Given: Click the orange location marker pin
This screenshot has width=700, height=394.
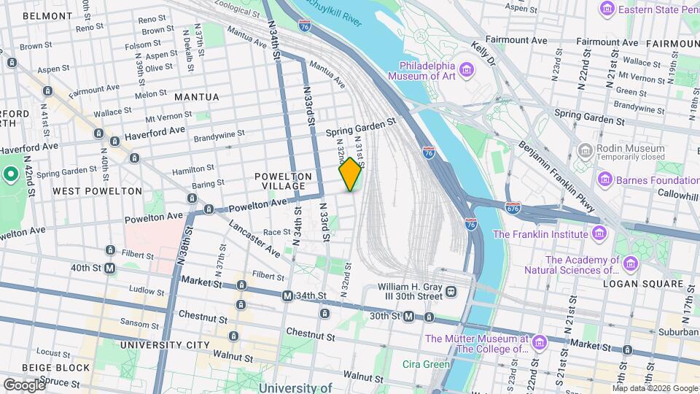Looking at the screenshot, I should tap(351, 174).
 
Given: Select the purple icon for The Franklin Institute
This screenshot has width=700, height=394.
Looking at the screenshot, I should tap(599, 233).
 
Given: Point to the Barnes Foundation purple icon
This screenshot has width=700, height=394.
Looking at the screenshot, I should tap(604, 179).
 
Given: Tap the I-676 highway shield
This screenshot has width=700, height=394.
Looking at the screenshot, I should tap(513, 208).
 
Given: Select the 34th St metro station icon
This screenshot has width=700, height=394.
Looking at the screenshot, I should tap(288, 295).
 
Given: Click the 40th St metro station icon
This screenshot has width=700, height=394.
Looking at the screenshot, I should tap(110, 268).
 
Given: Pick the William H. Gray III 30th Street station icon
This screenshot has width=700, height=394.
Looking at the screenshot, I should tap(451, 292).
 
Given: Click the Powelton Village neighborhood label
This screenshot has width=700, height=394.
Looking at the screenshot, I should tap(284, 181).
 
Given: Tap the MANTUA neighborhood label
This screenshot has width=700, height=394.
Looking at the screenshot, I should tap(196, 97).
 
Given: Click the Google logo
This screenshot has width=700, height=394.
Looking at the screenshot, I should tap(23, 385).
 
